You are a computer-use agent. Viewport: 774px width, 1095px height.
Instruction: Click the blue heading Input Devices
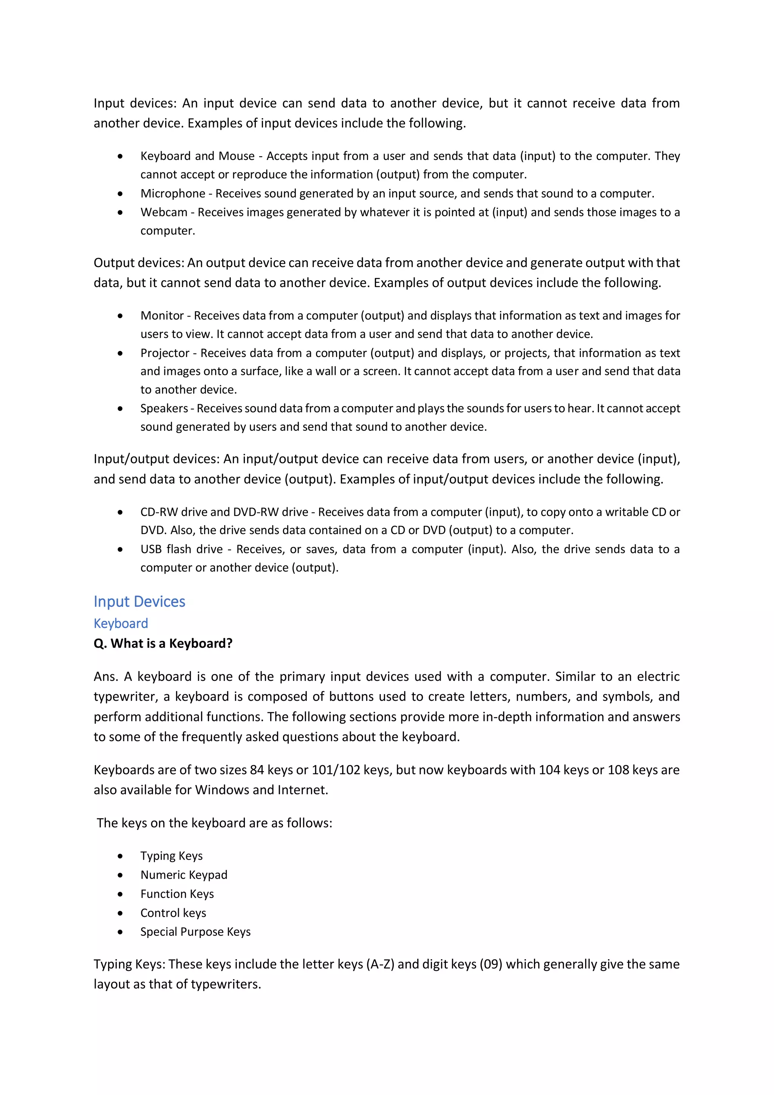coord(139,601)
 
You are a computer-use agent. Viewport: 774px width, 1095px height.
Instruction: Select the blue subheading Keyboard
coord(121,623)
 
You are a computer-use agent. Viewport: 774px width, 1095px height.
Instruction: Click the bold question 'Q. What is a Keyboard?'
coord(163,643)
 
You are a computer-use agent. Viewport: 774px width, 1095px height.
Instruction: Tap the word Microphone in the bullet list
coord(173,194)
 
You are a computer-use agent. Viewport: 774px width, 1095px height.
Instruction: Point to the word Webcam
coord(164,212)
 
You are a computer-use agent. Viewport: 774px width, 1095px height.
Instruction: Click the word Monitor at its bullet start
coord(162,316)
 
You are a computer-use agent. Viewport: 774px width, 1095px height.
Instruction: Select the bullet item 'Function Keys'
coord(177,894)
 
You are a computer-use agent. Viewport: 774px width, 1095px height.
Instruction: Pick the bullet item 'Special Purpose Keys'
coord(195,932)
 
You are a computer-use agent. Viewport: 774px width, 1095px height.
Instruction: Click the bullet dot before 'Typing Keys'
coord(120,856)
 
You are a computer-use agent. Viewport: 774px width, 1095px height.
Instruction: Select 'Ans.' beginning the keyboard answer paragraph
coord(106,677)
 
